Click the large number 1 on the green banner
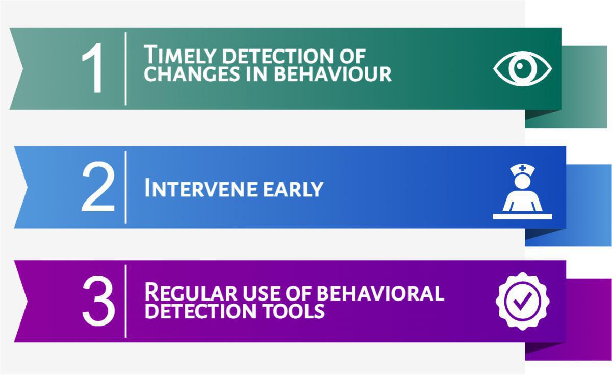coord(93,68)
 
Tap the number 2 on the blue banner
coord(98,187)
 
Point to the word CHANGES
coord(192,74)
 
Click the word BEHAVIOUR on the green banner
coord(333,74)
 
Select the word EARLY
coord(293,189)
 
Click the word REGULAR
coord(191,292)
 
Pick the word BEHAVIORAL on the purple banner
coord(380,293)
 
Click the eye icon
coord(522,68)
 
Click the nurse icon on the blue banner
coord(522,192)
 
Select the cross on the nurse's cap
coord(522,168)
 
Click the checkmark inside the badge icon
coord(522,301)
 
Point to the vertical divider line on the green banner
coord(125,68)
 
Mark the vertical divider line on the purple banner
coord(125,301)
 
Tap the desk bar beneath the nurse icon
coord(522,217)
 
